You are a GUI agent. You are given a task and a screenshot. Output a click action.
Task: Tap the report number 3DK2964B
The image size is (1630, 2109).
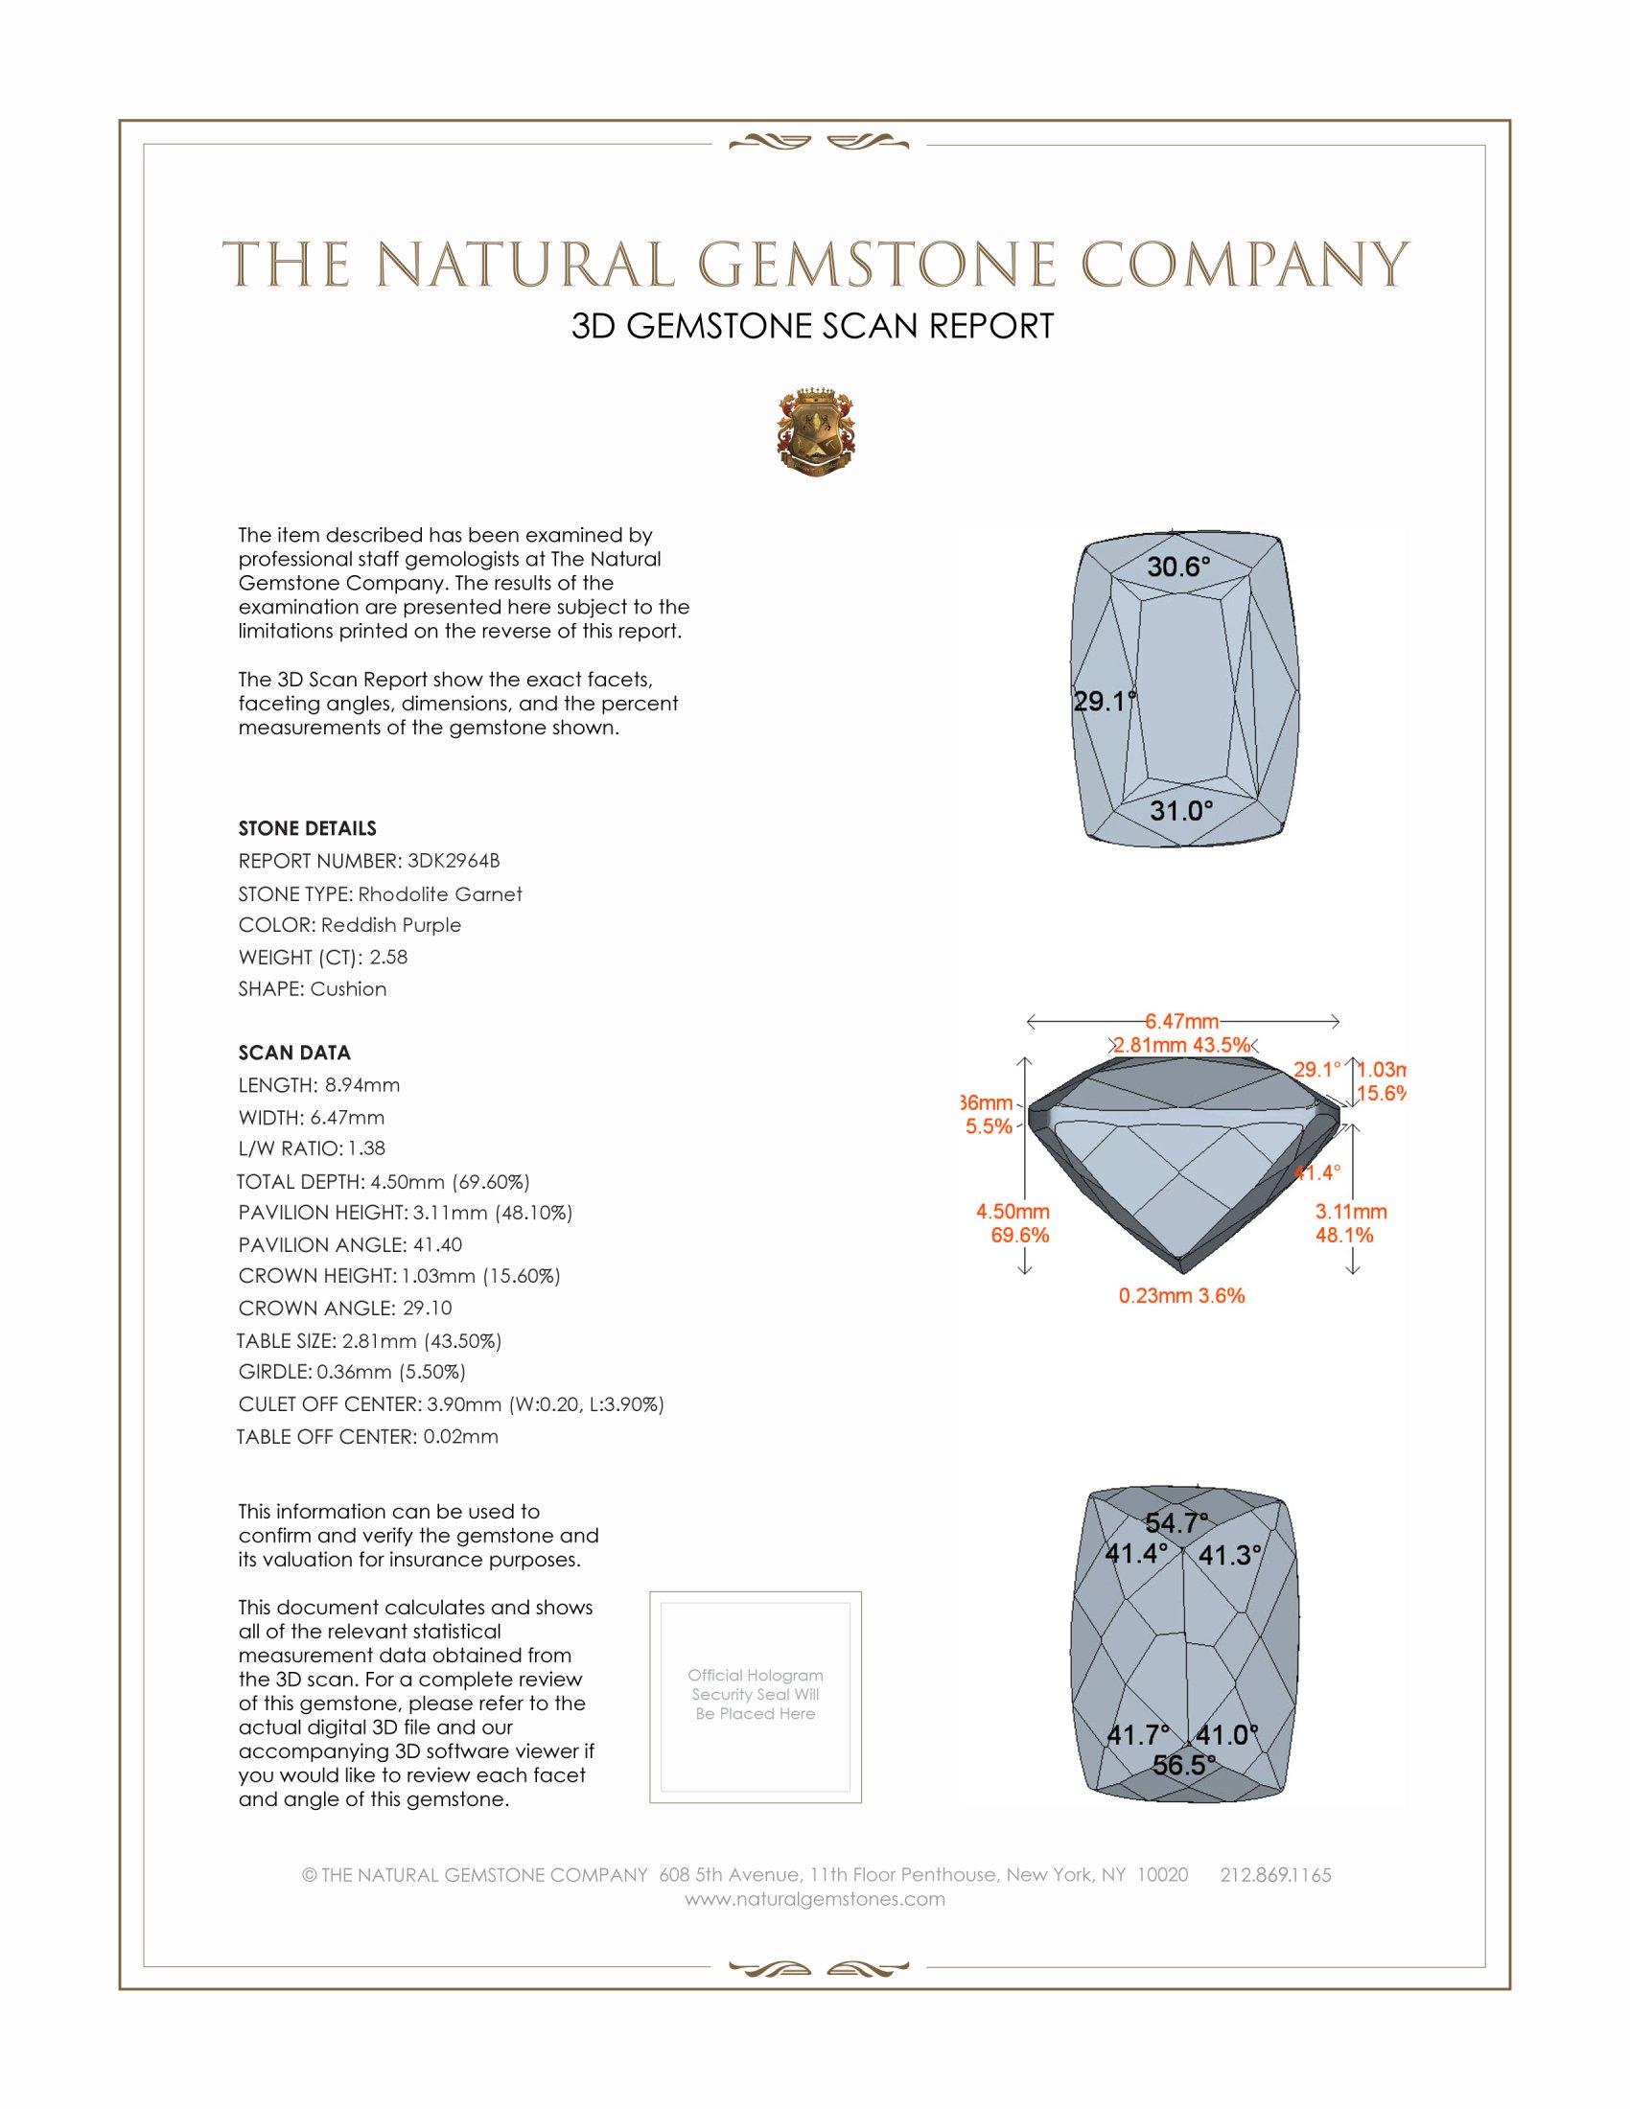coord(453,861)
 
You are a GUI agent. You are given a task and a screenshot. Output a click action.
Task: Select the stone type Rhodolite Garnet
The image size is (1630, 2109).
coord(439,894)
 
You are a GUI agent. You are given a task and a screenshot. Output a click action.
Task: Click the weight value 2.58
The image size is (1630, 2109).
coord(388,957)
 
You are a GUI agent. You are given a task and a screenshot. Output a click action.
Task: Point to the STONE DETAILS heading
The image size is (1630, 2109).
coord(307,828)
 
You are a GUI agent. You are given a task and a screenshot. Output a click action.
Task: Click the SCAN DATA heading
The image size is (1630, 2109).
coord(294,1053)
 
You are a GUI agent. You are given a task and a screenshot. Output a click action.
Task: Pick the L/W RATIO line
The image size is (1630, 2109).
coord(312,1148)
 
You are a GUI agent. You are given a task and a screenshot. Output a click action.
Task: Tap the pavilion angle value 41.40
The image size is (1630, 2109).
coord(437,1244)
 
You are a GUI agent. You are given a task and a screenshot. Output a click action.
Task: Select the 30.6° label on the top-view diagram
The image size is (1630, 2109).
coord(1178,567)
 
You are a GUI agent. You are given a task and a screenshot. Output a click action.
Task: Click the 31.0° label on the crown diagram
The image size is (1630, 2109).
coord(1181,810)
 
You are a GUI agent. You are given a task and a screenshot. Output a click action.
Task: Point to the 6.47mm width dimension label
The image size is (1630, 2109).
coord(1182,1021)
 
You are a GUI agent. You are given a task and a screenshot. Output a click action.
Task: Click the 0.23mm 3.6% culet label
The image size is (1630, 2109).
coord(1181,1296)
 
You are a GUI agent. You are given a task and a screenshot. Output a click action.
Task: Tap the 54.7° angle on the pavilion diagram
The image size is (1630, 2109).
coord(1176,1523)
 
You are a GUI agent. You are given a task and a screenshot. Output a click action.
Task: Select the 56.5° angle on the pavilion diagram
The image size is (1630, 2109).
coord(1183,1765)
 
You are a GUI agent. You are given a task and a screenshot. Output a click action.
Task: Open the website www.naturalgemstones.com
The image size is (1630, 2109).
coord(815,1899)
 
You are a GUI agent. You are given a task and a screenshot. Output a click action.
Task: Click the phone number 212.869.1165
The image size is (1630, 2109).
coord(1274,1875)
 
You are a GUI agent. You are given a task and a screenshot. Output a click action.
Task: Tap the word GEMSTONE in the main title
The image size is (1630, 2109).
coord(876,265)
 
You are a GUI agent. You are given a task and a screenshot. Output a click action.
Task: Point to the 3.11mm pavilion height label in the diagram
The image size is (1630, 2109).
coord(1350,1212)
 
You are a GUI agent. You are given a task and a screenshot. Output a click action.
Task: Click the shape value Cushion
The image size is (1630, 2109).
coord(348,989)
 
